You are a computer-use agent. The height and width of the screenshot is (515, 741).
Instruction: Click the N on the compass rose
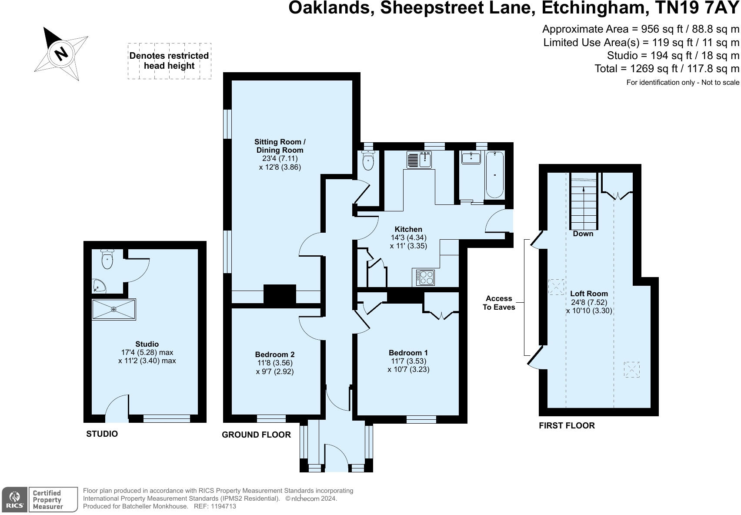61,54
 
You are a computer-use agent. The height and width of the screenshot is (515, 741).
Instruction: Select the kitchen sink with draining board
419,160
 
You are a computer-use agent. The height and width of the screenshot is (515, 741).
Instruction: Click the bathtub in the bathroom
494,174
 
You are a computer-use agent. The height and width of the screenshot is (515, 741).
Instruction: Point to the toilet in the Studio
107,258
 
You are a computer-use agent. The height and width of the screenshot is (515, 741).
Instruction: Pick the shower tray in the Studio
114,309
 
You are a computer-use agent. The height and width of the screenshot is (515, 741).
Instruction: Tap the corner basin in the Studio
99,286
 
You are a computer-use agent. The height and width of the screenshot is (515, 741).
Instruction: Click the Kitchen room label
408,229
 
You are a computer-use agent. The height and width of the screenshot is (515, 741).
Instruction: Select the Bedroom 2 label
274,354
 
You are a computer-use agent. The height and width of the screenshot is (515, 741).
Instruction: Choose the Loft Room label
589,294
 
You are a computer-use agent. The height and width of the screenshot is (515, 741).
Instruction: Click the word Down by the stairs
583,234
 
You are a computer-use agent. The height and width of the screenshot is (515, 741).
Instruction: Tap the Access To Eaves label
498,303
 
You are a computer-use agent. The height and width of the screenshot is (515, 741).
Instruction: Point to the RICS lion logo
14,499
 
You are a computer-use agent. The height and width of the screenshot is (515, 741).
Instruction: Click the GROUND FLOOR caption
256,435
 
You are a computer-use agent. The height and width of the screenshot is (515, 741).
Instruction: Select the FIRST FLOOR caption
567,426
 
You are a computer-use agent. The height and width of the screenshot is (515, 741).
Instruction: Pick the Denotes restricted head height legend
169,61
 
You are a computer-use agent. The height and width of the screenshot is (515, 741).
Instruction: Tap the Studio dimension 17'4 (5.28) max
147,352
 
